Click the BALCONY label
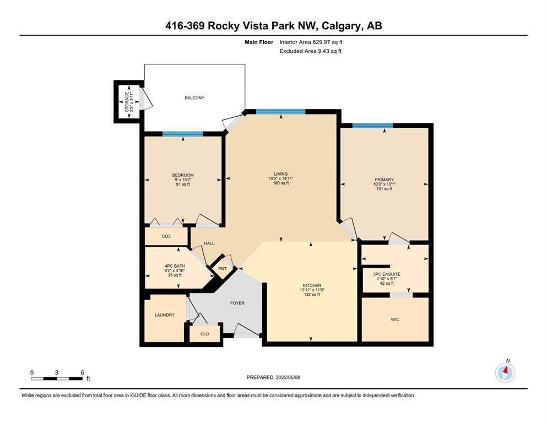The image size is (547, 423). (194, 97)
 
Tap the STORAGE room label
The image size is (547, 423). (127, 102)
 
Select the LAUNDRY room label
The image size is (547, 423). (165, 315)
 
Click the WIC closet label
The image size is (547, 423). (395, 319)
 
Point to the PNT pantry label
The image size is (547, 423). (222, 269)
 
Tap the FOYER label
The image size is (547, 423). (237, 303)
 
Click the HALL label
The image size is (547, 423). (209, 243)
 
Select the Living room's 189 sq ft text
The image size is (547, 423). (281, 183)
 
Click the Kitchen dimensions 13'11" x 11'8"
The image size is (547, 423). (312, 290)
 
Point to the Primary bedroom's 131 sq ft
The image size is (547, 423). (384, 189)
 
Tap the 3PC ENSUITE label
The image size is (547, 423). (387, 274)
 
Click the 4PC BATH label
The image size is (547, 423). (175, 266)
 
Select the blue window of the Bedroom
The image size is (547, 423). (182, 134)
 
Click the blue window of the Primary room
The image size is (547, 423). (372, 126)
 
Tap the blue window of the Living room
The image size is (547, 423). (281, 112)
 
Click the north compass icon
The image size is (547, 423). (505, 373)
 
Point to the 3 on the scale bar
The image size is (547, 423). (57, 372)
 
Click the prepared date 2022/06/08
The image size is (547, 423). (288, 377)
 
